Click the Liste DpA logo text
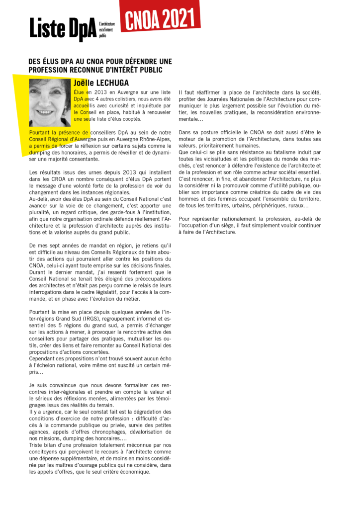(63, 28)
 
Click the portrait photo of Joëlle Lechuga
(50, 102)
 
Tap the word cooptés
(130, 119)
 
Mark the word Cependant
(43, 358)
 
